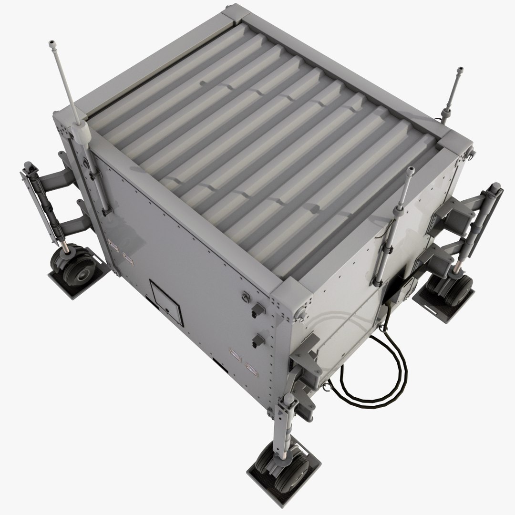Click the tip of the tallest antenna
point(51,44)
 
